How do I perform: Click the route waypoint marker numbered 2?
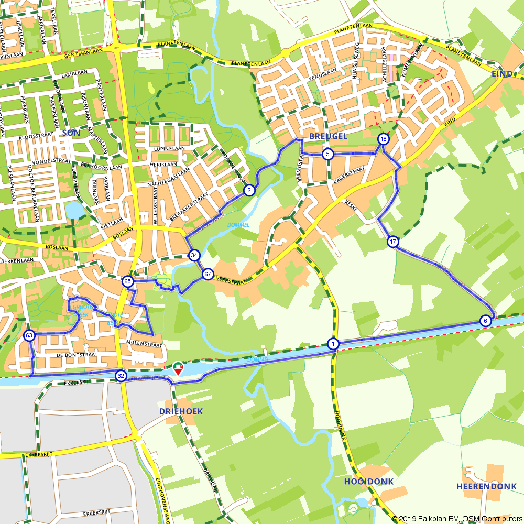pyautogui.click(x=249, y=190)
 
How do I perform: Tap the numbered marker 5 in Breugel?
pyautogui.click(x=327, y=154)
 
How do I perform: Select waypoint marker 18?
pyautogui.click(x=384, y=139)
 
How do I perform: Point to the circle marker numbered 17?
pyautogui.click(x=393, y=242)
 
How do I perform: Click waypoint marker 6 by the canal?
pyautogui.click(x=485, y=321)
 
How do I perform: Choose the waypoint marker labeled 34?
pyautogui.click(x=194, y=255)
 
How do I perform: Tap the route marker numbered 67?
pyautogui.click(x=208, y=274)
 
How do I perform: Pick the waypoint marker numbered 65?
pyautogui.click(x=127, y=281)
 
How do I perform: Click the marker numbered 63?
pyautogui.click(x=29, y=335)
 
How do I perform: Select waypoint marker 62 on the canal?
pyautogui.click(x=121, y=376)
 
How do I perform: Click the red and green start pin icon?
pyautogui.click(x=178, y=368)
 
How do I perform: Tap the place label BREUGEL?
pyautogui.click(x=328, y=136)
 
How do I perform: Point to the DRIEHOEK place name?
pyautogui.click(x=181, y=411)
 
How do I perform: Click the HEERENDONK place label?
pyautogui.click(x=487, y=486)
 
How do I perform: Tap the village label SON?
pyautogui.click(x=71, y=133)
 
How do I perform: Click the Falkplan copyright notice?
pyautogui.click(x=457, y=519)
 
